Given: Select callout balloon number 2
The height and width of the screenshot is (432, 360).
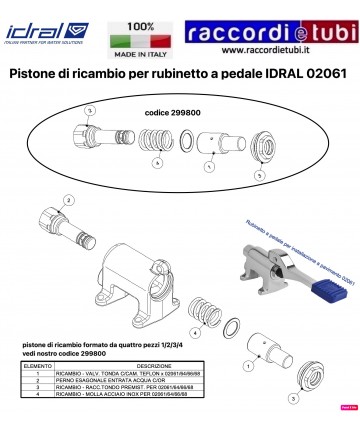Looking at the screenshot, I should click(68, 200).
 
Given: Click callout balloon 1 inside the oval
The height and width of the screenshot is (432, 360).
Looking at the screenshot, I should click(208, 168).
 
